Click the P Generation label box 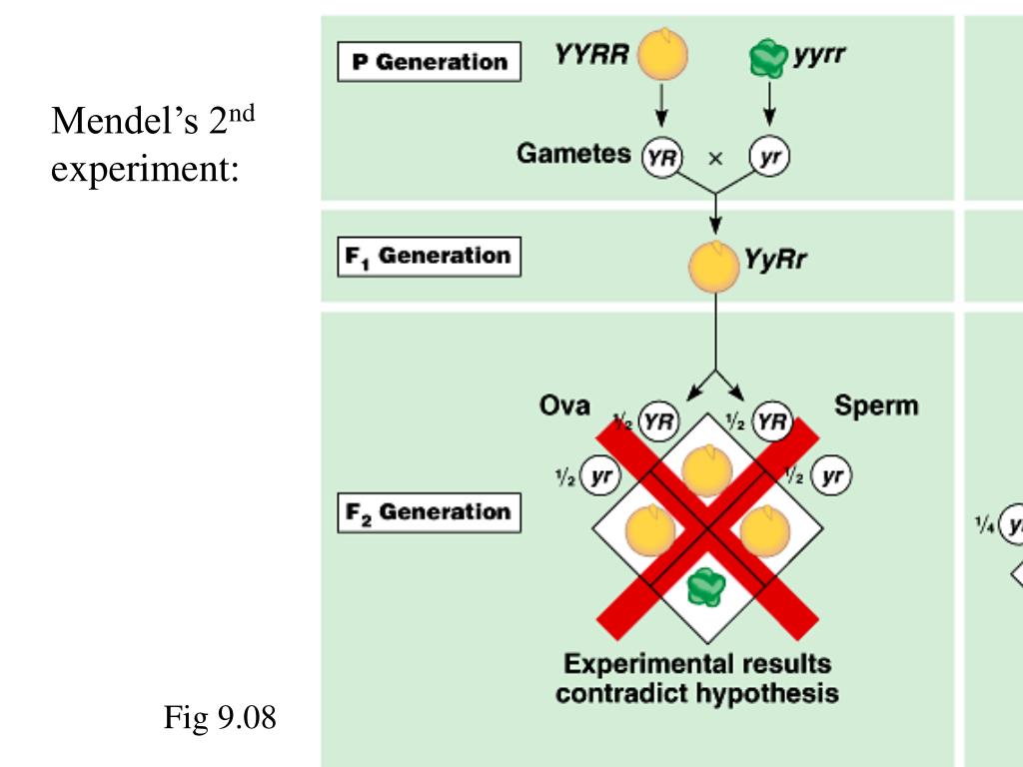(x=429, y=62)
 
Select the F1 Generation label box (x=429, y=257)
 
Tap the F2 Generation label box (x=429, y=513)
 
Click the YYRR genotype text (x=591, y=54)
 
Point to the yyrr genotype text (x=819, y=54)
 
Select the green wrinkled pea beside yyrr (x=769, y=61)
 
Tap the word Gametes (x=573, y=154)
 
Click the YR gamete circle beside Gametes (x=660, y=158)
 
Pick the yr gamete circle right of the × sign (x=769, y=158)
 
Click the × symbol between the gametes (x=715, y=158)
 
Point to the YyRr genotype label (x=775, y=261)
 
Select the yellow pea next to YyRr (x=714, y=266)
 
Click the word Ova (x=564, y=406)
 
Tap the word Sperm (x=876, y=406)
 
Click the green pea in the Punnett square (x=708, y=587)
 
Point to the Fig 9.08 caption (x=220, y=717)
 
